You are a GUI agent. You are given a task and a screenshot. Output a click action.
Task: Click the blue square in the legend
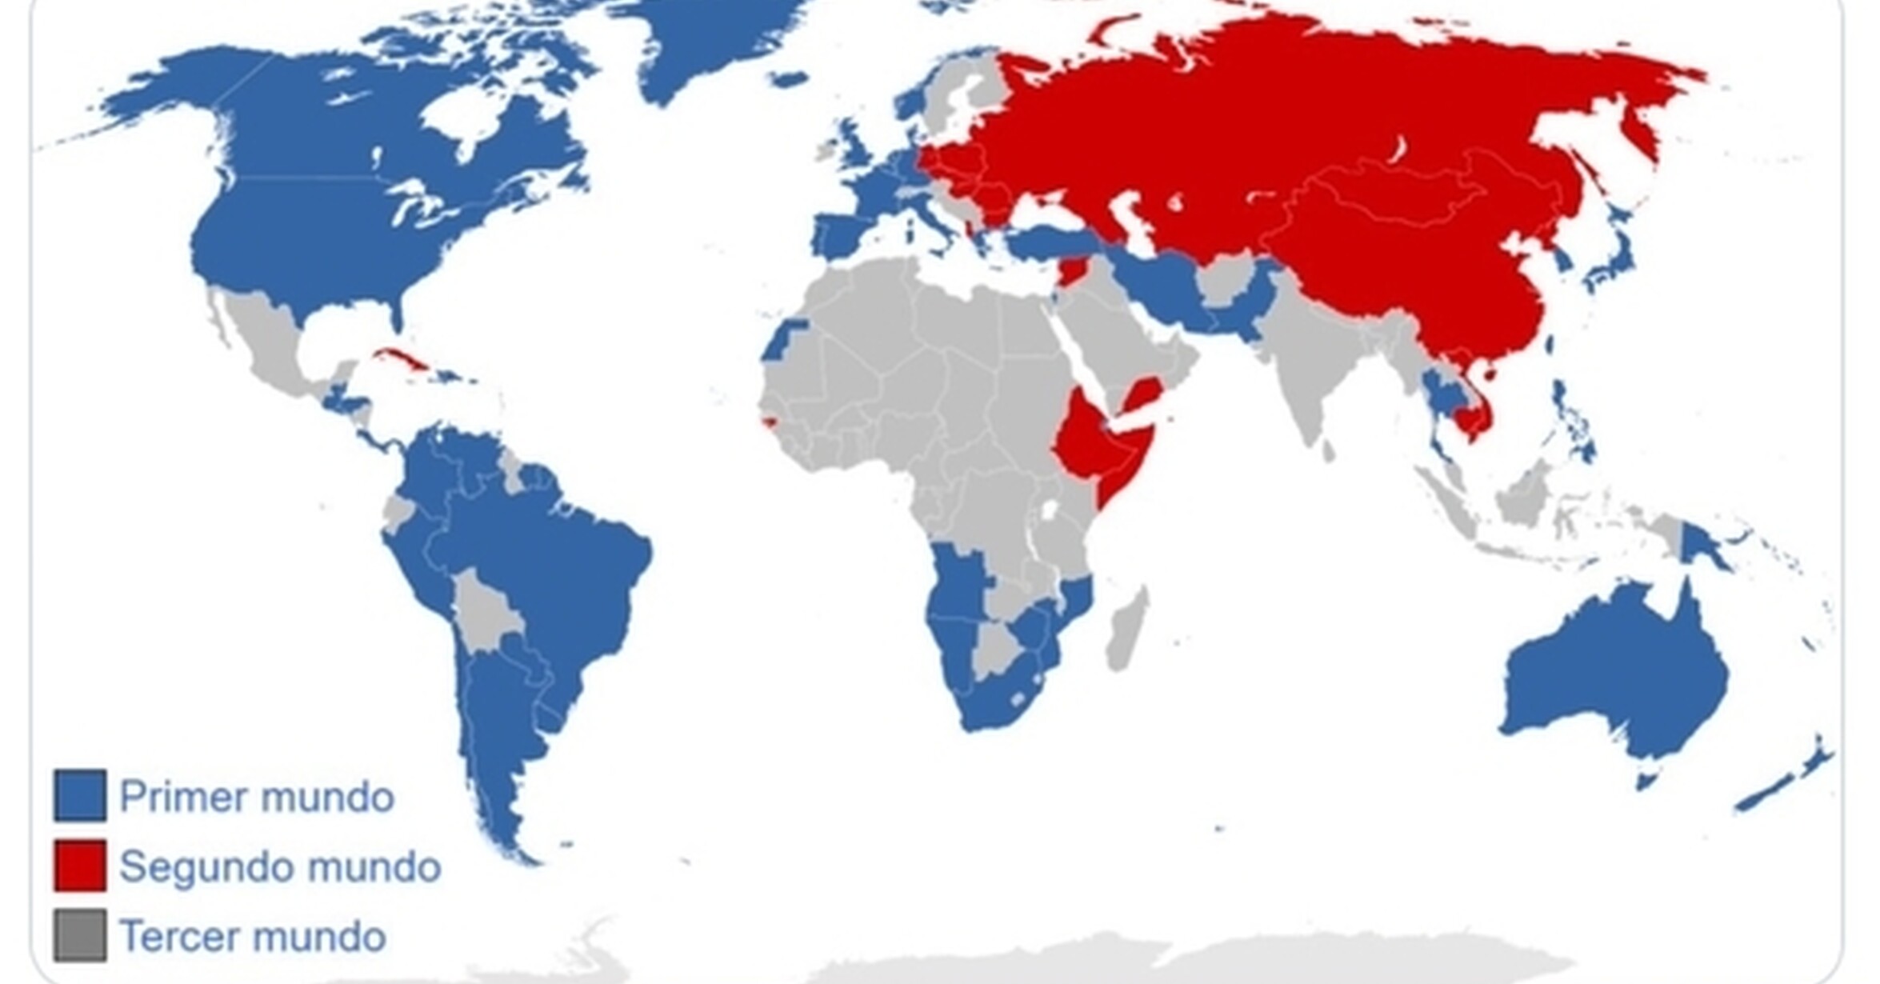tap(80, 795)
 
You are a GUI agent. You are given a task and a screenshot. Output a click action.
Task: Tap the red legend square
tap(80, 865)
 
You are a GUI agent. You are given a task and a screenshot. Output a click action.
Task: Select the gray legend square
tap(80, 934)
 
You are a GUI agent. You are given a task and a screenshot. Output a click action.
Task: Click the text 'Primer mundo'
tap(256, 797)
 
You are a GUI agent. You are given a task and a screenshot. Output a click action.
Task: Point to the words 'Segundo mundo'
tap(280, 866)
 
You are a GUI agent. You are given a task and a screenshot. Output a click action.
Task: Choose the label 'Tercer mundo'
tap(253, 936)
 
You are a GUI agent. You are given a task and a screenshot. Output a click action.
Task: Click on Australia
tap(1616, 672)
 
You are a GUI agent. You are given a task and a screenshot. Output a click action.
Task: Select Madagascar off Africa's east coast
tap(1126, 632)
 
